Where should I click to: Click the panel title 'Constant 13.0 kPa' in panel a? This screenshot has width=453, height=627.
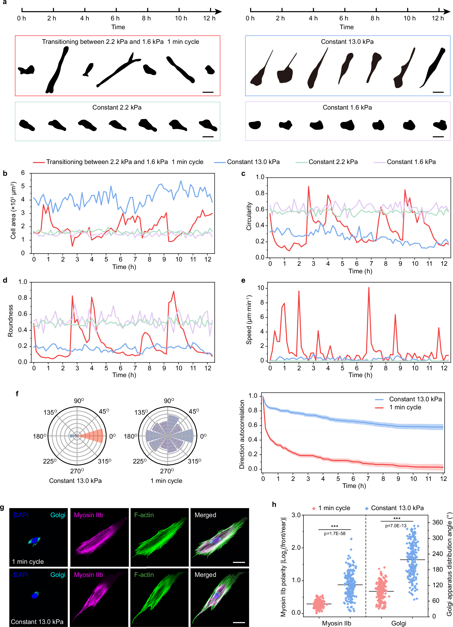point(347,42)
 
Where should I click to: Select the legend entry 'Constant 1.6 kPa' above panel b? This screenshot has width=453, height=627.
point(411,162)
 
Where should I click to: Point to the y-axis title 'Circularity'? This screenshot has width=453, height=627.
point(249,216)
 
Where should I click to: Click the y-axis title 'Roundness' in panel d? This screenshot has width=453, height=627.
point(11,321)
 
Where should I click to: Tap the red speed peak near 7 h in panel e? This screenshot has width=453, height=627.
point(368,288)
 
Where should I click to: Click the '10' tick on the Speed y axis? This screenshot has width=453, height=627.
point(260,288)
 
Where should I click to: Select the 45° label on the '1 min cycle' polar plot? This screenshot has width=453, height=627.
point(194,411)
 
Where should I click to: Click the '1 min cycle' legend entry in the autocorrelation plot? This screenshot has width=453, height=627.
point(405,407)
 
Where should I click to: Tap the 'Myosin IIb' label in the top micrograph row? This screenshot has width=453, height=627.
point(88,515)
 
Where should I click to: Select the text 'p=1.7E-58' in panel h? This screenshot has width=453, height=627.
point(334,534)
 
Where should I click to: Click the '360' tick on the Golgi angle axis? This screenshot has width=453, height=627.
point(438,522)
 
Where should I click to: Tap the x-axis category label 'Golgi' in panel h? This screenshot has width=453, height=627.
point(399,623)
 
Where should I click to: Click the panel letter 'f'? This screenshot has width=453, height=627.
point(17,394)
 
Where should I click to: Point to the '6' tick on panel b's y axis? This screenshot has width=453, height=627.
point(23,173)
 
